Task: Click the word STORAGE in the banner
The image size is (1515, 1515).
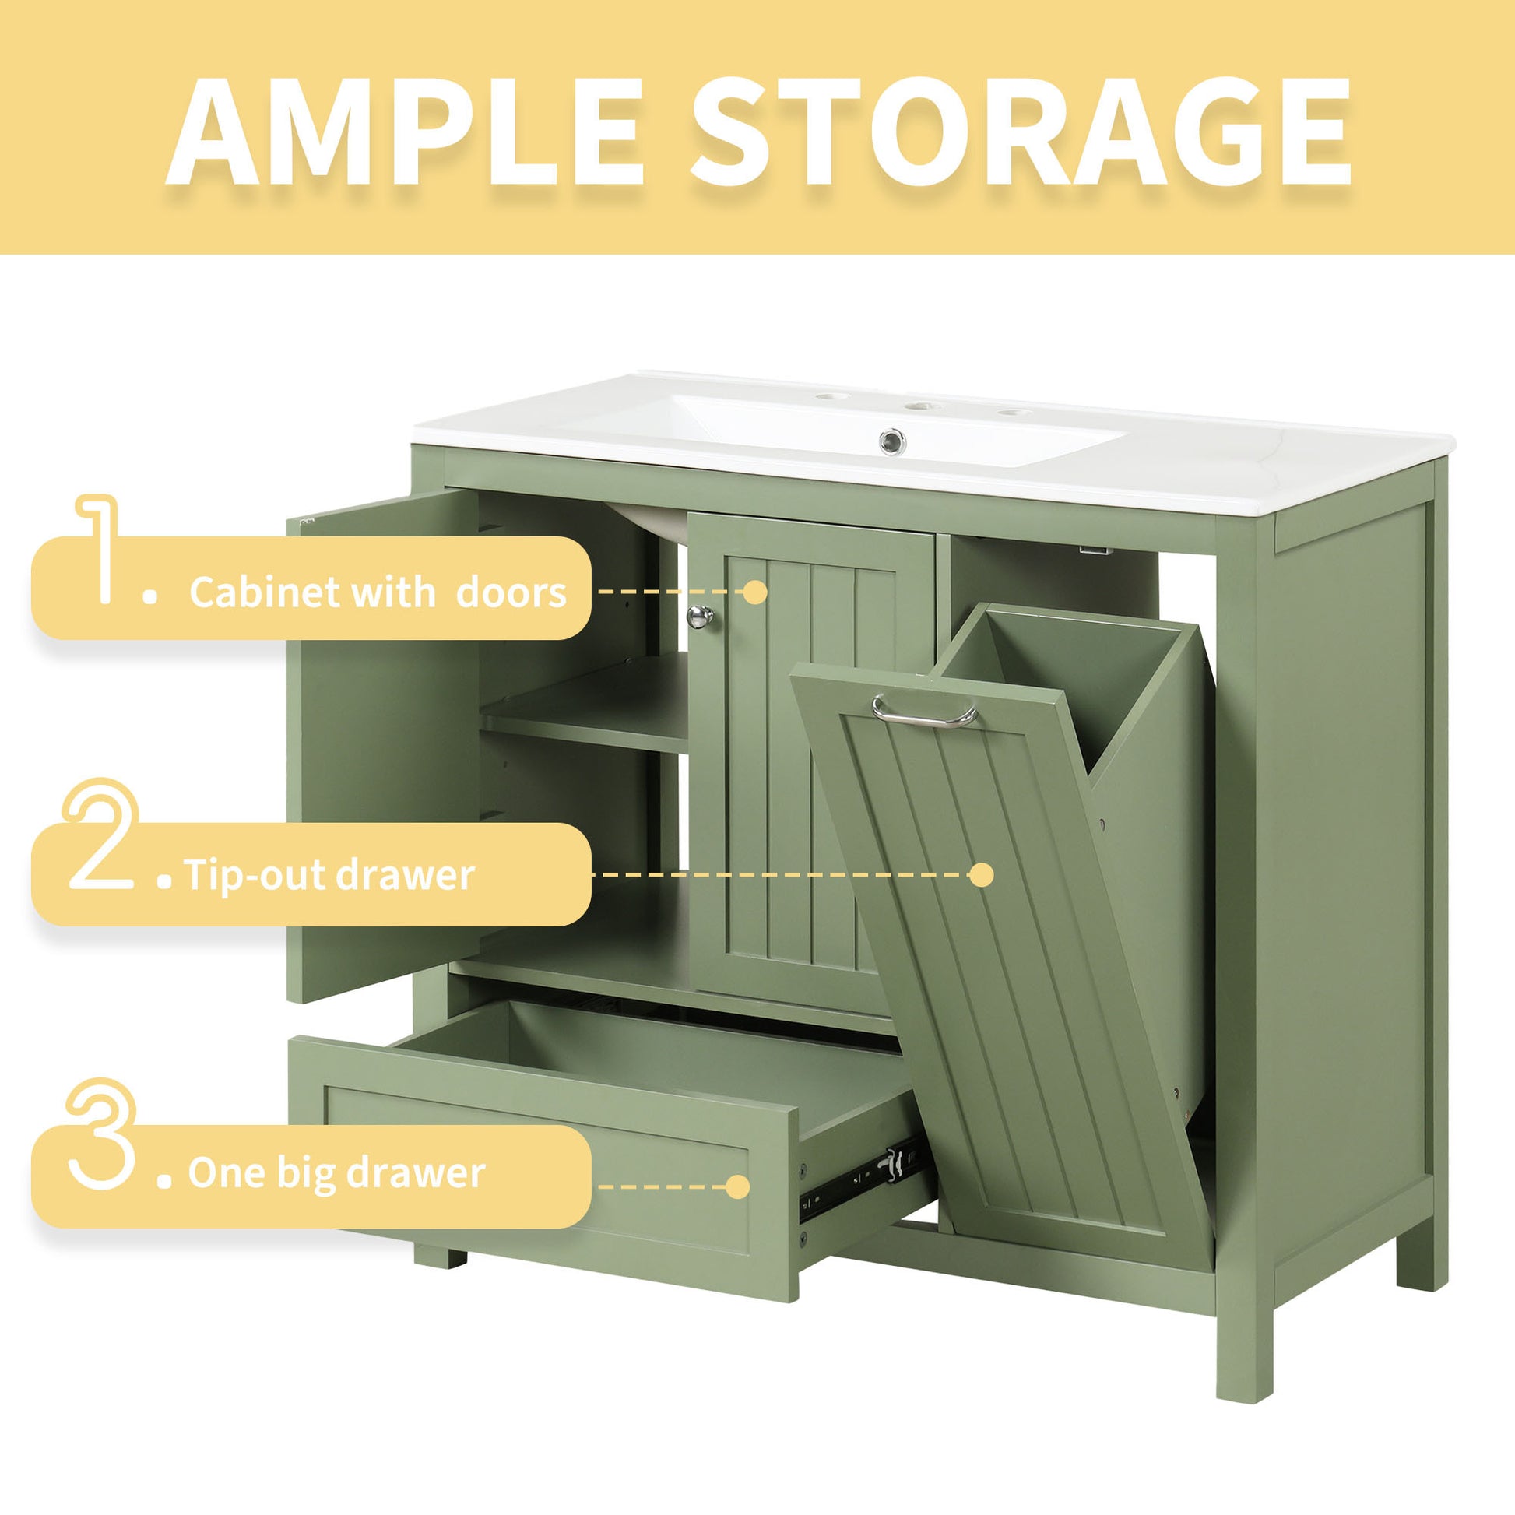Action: click(x=1019, y=131)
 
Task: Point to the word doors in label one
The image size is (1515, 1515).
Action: click(x=511, y=592)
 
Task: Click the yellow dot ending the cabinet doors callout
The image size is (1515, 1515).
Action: click(x=754, y=592)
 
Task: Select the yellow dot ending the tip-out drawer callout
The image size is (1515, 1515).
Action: click(x=981, y=874)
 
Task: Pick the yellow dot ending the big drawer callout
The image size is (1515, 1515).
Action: click(x=737, y=1186)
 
